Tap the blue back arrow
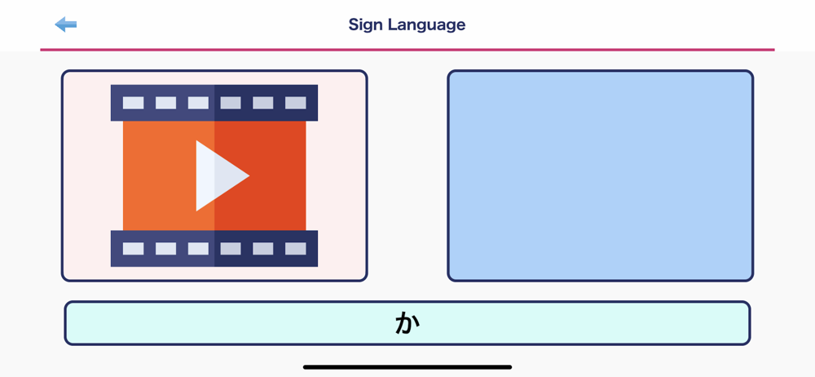pos(65,24)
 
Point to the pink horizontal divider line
pos(407,50)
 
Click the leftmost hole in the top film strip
pos(133,103)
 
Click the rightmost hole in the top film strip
pos(295,103)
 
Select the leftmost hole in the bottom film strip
pos(133,248)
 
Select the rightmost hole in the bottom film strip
pos(295,248)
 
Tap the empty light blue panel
pos(601,175)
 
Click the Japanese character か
pos(407,323)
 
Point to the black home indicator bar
pos(407,367)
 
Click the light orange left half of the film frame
pos(159,175)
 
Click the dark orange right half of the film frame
pos(275,175)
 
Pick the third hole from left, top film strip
pos(198,103)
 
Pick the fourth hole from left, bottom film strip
pos(231,248)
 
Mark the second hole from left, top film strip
pos(165,103)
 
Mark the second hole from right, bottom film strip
pos(263,248)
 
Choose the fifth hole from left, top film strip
pos(263,103)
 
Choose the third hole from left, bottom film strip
pos(198,248)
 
